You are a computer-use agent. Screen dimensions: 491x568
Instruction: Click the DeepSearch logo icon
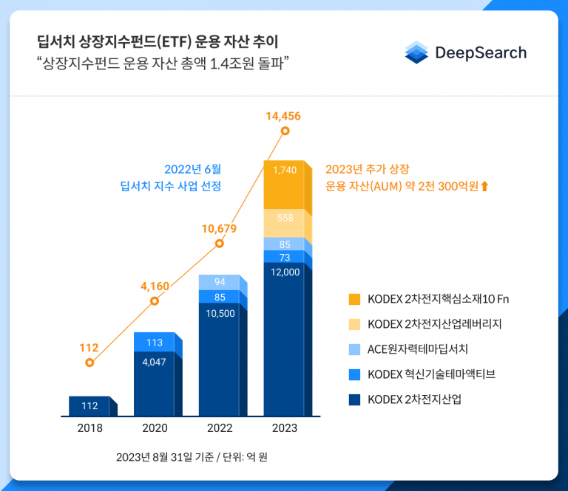coord(418,52)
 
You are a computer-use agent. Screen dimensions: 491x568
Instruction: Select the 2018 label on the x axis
coord(89,428)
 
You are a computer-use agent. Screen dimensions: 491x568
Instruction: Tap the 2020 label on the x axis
coord(155,428)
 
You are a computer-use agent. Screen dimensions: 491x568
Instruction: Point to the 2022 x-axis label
coord(220,428)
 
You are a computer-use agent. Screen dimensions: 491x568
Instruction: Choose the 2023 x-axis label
coord(285,428)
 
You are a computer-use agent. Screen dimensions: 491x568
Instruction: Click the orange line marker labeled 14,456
coord(285,131)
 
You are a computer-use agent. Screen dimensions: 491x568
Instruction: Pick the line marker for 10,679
coord(219,244)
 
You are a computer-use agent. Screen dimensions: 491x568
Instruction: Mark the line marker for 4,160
coord(155,301)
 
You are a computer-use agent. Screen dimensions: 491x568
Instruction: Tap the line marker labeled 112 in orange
coord(89,363)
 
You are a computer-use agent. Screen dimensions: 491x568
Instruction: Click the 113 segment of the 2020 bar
coord(155,343)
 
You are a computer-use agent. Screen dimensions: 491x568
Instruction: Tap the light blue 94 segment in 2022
coord(220,282)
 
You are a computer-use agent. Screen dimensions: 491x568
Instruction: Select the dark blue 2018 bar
coord(89,405)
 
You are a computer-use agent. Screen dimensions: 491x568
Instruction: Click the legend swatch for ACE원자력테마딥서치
coord(355,349)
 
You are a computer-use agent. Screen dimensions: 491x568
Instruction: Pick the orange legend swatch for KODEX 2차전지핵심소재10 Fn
coord(355,299)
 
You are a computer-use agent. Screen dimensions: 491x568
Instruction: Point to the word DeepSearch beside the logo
coord(481,52)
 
